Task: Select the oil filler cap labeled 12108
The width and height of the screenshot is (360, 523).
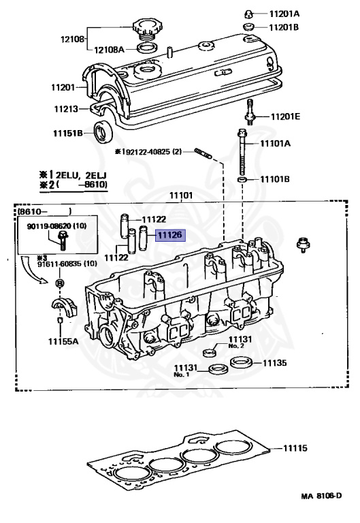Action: point(146,31)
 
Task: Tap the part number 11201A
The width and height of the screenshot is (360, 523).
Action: point(286,13)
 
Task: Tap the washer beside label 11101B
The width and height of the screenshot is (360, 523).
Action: point(242,179)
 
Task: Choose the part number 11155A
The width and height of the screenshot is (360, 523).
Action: point(63,340)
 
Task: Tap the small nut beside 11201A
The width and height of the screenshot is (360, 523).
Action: point(250,13)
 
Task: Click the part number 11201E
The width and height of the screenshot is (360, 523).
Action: point(285,116)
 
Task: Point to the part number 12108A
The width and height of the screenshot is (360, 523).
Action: point(108,49)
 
